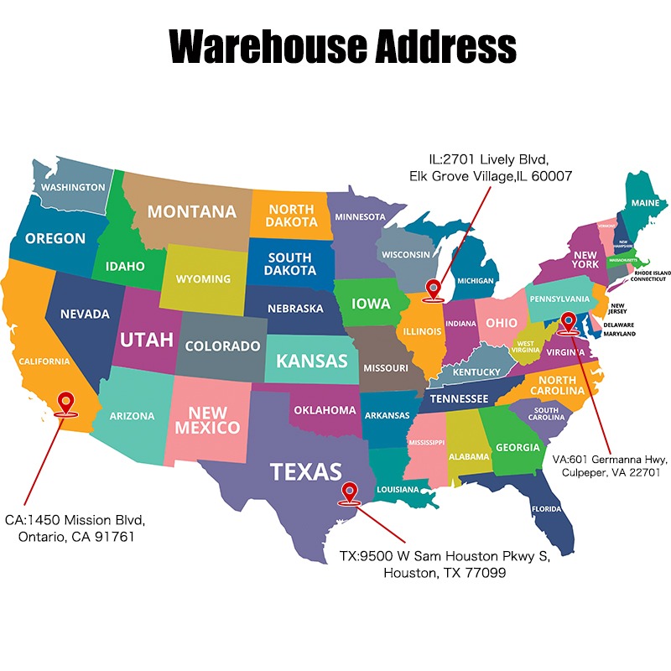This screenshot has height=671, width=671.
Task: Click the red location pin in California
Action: tap(65, 403)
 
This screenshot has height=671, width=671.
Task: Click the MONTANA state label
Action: tap(192, 211)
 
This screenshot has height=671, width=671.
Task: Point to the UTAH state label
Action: tap(146, 340)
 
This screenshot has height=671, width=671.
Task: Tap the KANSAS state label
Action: tap(312, 362)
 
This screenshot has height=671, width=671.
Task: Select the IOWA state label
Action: tap(371, 303)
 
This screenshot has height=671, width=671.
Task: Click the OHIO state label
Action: tap(502, 323)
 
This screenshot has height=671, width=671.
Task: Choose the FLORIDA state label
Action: tap(545, 508)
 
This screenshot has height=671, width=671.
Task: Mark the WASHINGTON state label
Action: tap(74, 187)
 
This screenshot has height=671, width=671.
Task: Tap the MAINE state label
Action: tap(645, 203)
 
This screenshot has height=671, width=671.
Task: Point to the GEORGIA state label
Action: tap(518, 447)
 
